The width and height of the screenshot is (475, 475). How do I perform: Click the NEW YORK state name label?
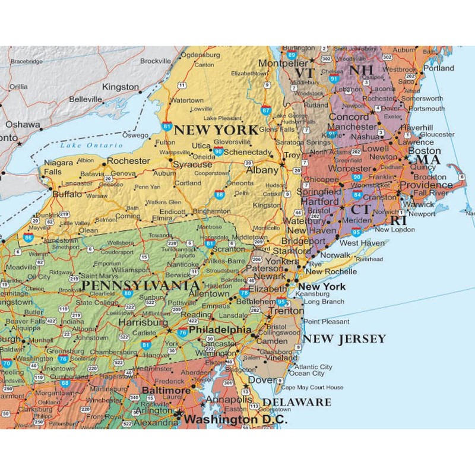tap(216, 130)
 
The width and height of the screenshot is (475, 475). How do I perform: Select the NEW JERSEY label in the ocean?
tap(344, 339)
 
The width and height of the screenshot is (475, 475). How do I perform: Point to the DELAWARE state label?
tap(297, 402)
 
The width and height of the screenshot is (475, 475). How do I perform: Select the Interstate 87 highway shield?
tap(265, 110)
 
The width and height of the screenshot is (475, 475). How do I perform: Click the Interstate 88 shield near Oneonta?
tap(220, 194)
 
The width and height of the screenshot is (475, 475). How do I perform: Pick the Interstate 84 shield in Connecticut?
tap(356, 194)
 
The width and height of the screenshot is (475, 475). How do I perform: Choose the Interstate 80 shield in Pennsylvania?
tap(127, 293)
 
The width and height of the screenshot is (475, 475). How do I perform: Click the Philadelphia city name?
tap(220, 330)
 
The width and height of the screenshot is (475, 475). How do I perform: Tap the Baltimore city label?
tap(166, 391)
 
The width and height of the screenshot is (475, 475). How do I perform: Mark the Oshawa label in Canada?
tap(23, 125)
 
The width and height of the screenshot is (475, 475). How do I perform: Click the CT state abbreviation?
tap(360, 209)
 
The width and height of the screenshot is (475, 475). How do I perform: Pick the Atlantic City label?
tap(313, 367)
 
